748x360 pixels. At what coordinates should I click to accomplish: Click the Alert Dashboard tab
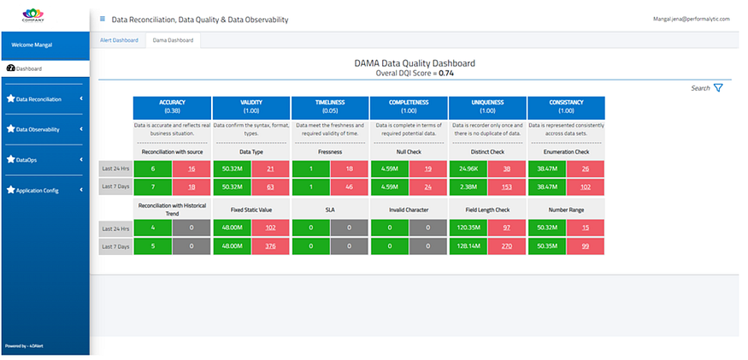tap(119, 39)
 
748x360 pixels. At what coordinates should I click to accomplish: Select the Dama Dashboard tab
tap(172, 39)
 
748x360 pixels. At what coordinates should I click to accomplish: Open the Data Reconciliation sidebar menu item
tap(39, 99)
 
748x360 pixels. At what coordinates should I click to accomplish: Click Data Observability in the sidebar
tap(38, 129)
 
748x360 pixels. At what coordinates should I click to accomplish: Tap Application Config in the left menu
tap(38, 190)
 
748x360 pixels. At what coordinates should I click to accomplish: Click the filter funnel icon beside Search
tap(718, 87)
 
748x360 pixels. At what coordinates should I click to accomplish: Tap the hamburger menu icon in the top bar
tap(103, 19)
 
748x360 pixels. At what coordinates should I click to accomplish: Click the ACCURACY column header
tap(172, 106)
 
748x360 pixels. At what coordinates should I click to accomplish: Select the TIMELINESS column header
tap(330, 106)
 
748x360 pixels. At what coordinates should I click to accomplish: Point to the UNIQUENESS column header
tap(487, 106)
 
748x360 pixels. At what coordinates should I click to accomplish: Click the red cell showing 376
tap(270, 246)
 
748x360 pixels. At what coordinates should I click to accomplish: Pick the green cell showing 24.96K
tap(468, 168)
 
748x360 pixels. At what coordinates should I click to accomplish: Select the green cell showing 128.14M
tap(468, 246)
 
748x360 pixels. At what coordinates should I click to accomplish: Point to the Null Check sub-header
tap(409, 151)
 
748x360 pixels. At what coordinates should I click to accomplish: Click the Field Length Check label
tap(487, 210)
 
